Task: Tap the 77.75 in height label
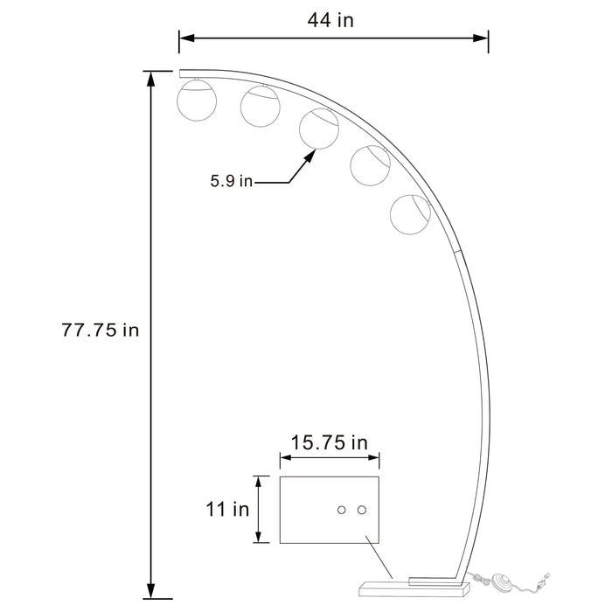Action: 101,330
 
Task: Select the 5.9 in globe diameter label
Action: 231,182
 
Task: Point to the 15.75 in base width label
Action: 329,442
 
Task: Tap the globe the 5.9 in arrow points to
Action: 319,128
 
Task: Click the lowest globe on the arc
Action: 411,215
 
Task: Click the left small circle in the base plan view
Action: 342,510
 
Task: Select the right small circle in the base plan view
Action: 360,510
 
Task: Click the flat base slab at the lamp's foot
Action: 384,581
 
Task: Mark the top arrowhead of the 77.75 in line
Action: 152,79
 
